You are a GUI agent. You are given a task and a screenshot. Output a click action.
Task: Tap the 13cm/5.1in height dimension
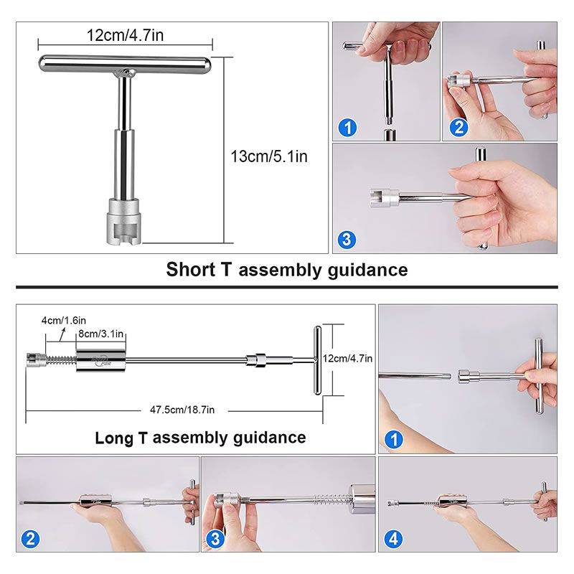click(268, 156)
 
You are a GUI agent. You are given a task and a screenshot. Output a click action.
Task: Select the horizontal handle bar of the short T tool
click(126, 63)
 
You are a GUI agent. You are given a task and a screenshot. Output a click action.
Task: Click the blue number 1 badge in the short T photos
click(347, 128)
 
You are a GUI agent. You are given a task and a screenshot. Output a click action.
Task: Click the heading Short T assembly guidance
click(287, 270)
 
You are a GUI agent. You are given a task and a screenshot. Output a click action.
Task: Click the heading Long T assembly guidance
click(200, 438)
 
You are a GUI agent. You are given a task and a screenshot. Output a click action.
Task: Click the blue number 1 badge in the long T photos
click(394, 439)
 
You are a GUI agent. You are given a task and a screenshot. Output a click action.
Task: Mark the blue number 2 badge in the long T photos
click(32, 539)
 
